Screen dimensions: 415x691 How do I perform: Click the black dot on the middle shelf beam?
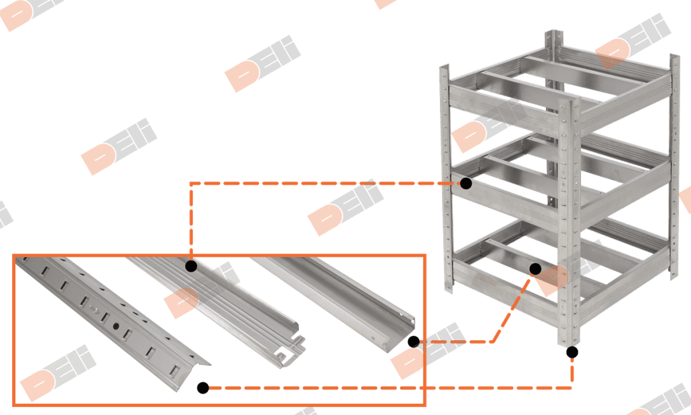[466, 182]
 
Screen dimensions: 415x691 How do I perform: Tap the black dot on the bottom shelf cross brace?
[535, 269]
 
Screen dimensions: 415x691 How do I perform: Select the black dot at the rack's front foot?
[572, 352]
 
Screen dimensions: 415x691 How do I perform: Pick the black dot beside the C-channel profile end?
[414, 342]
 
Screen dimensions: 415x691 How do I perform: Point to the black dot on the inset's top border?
[191, 267]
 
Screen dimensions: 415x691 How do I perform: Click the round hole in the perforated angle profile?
[116, 327]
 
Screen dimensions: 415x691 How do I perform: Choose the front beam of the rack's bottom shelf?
[506, 283]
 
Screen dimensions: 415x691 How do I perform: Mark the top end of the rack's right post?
[673, 58]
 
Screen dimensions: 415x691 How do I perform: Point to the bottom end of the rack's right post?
[673, 273]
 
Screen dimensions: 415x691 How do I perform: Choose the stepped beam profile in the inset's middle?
[223, 297]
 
